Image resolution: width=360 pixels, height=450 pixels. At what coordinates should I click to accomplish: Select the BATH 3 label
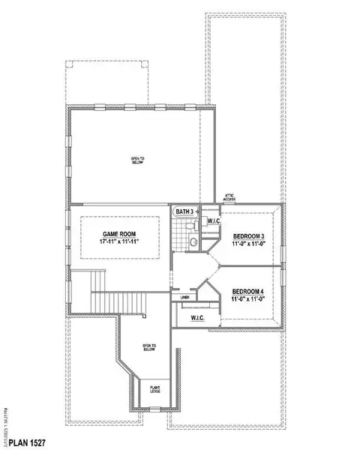pos(184,212)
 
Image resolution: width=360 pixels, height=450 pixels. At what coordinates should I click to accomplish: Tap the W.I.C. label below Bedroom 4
pos(199,318)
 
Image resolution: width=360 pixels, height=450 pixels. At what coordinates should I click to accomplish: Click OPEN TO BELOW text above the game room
pos(136,160)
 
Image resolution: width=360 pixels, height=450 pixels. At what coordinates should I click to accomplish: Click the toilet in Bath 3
pos(192,241)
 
